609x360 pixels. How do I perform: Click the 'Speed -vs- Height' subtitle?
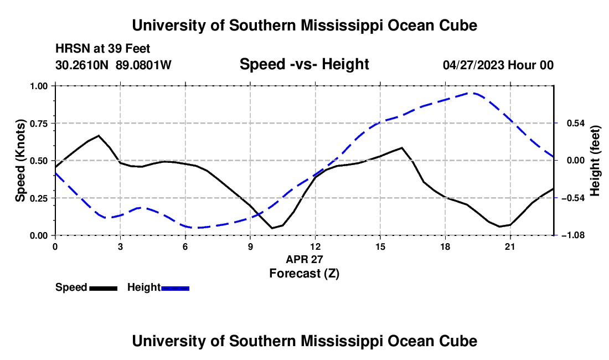click(304, 64)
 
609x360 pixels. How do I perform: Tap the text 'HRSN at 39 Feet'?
click(102, 49)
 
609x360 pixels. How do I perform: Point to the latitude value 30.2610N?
click(82, 65)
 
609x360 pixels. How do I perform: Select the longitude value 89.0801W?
click(143, 65)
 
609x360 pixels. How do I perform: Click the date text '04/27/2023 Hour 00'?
click(498, 65)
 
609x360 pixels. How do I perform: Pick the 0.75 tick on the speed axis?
click(39, 124)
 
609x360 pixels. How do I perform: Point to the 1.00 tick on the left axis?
click(39, 86)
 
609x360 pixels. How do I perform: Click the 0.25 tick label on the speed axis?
click(39, 198)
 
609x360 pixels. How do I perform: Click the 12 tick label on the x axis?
click(316, 246)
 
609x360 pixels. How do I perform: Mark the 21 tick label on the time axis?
click(510, 246)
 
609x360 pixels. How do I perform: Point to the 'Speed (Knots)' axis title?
click(20, 161)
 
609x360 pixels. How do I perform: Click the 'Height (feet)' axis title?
click(595, 161)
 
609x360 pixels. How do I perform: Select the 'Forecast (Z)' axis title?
click(304, 274)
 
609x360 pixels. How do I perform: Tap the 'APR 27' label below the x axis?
click(304, 259)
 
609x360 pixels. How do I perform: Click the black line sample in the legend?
click(104, 288)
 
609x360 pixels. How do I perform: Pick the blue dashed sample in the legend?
click(175, 288)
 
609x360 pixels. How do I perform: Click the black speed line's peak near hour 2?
click(99, 136)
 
